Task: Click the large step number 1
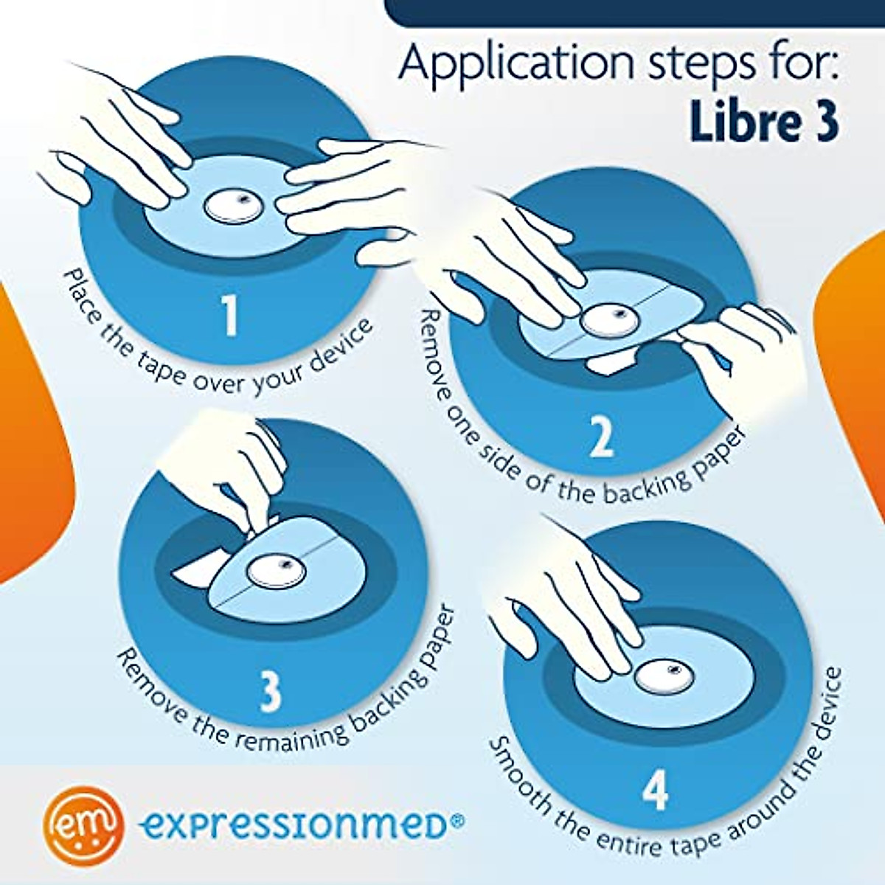click(231, 316)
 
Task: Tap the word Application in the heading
click(516, 65)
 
